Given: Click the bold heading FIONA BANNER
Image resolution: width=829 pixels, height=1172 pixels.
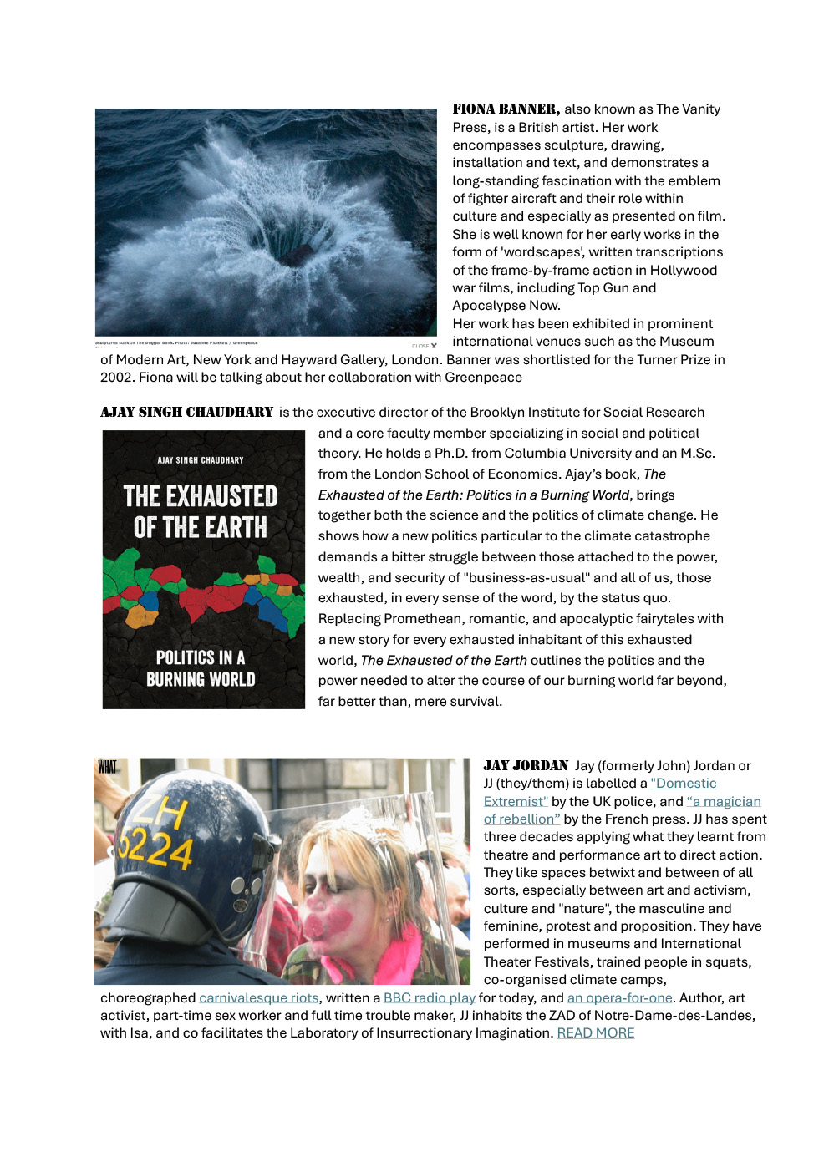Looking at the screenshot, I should (506, 109).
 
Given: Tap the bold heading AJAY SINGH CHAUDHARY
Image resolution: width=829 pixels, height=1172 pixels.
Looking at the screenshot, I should (186, 412).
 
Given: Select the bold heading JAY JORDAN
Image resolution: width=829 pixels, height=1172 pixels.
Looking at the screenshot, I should (526, 765).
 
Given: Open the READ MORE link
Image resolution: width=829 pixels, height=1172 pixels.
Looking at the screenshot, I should (595, 1032).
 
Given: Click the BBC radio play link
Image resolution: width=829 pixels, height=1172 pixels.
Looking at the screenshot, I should (429, 997).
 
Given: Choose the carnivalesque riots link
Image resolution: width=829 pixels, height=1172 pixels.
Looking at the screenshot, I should (258, 997).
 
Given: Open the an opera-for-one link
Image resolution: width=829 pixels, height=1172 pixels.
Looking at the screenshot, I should (619, 997).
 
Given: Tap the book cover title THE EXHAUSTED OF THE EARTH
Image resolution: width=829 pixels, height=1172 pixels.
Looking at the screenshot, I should (201, 511).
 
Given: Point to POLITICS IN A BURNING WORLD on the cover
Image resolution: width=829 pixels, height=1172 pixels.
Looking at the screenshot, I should (201, 668).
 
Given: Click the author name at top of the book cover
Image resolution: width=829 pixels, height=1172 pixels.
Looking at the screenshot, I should (201, 460).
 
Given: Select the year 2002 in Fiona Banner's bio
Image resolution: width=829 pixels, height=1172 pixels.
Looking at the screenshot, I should (116, 377).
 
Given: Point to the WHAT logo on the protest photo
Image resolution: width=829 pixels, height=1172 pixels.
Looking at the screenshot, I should (107, 767).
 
